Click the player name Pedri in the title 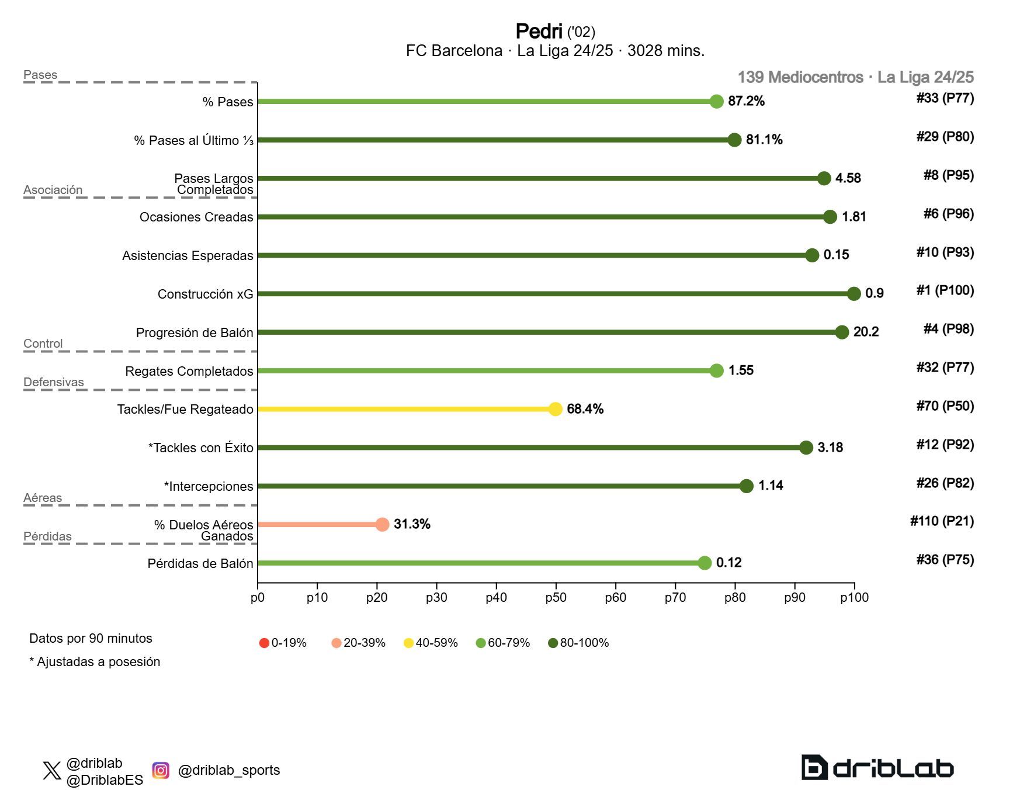pos(538,31)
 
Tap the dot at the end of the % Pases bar pos(717,102)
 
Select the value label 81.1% pos(764,140)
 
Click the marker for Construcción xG pos(854,294)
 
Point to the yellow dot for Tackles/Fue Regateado pos(556,409)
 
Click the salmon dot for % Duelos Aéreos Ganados pos(382,525)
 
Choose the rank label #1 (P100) pos(945,290)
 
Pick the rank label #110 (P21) pos(942,521)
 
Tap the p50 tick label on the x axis pos(556,598)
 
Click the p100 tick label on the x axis pos(854,598)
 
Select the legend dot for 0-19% pos(264,643)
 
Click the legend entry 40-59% pos(431,643)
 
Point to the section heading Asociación pos(53,190)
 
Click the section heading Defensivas pos(54,382)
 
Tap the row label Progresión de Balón pos(195,333)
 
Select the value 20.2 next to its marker pos(866,332)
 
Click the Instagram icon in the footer pos(161,771)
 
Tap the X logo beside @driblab pos(52,771)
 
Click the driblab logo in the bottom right pos(877,768)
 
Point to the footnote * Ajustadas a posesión pos(95,662)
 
